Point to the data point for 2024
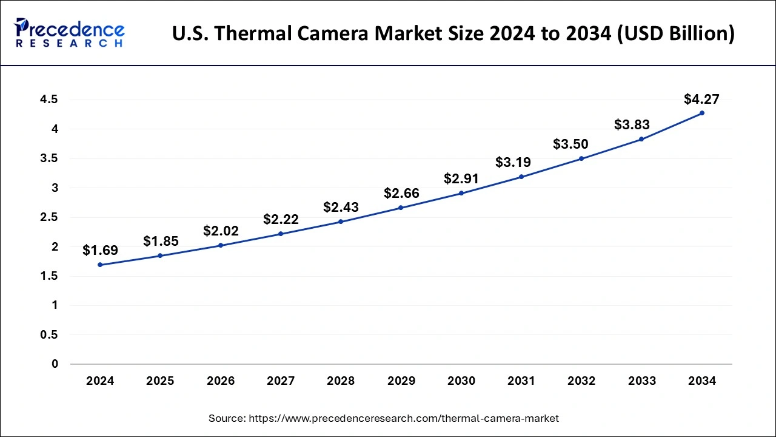pyautogui.click(x=100, y=265)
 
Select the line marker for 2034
pyautogui.click(x=702, y=113)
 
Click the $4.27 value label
pyautogui.click(x=701, y=99)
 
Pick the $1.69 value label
pyautogui.click(x=100, y=250)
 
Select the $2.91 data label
pyautogui.click(x=461, y=179)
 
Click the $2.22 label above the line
pyautogui.click(x=281, y=220)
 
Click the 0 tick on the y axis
pyautogui.click(x=55, y=364)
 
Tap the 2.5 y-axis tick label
pyautogui.click(x=49, y=217)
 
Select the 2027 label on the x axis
pyautogui.click(x=281, y=381)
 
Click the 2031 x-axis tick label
pyautogui.click(x=521, y=381)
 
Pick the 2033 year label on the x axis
pyautogui.click(x=641, y=381)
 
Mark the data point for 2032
pyautogui.click(x=581, y=158)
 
